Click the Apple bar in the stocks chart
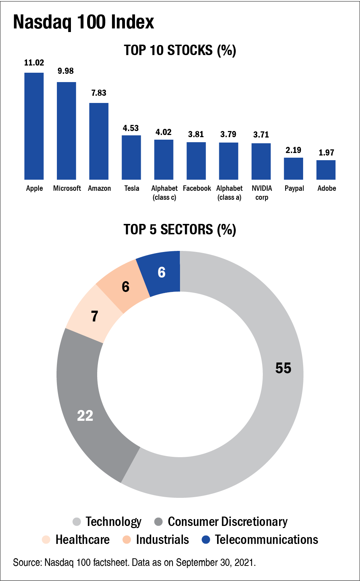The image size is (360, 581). [x=34, y=126]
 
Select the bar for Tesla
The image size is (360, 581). [x=131, y=157]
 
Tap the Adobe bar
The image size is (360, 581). [x=326, y=170]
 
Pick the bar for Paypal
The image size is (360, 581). [x=293, y=168]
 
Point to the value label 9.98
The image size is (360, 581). [x=66, y=71]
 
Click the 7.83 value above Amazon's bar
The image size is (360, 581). [x=99, y=93]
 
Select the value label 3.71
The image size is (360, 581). [x=261, y=135]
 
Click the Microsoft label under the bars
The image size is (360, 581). [x=67, y=188]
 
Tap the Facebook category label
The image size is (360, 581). [x=197, y=188]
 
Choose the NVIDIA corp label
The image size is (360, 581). [x=262, y=193]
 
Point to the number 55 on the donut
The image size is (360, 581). [x=283, y=368]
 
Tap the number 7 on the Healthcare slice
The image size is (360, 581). [x=94, y=316]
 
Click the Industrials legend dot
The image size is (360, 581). [x=126, y=540]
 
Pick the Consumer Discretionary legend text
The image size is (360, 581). [x=228, y=522]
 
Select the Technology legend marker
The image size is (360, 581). [x=77, y=522]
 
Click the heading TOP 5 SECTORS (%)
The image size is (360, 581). [x=180, y=229]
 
